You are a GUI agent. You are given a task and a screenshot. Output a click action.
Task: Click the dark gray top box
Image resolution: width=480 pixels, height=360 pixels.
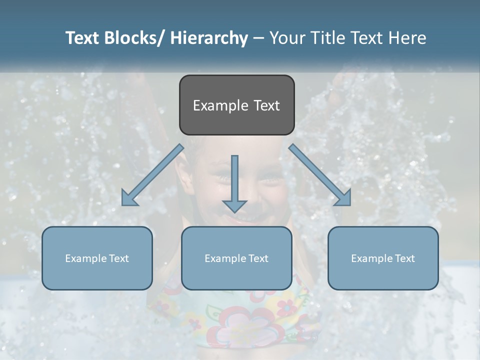point(236,105)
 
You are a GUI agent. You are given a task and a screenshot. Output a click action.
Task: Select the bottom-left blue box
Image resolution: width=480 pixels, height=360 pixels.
point(97,258)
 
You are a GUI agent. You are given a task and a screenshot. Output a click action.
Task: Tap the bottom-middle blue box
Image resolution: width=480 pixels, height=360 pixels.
point(236,258)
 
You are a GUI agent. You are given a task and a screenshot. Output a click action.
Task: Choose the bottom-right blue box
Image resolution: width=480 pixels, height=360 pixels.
point(383,258)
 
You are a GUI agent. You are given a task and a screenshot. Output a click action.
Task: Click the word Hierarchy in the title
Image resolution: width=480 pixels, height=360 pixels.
point(209,38)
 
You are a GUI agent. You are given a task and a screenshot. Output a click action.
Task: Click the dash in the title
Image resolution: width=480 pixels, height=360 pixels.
point(258,38)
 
